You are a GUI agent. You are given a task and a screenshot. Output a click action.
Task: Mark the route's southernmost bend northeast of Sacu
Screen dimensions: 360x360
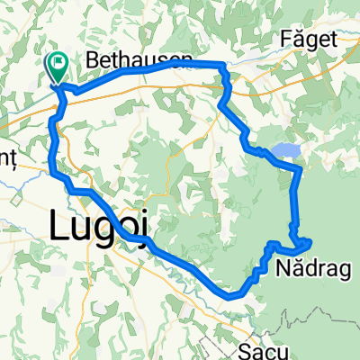point(232,294)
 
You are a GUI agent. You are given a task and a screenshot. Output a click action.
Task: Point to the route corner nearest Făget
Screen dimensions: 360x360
point(222,64)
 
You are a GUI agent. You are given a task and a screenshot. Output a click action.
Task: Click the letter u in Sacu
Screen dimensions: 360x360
point(277,348)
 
